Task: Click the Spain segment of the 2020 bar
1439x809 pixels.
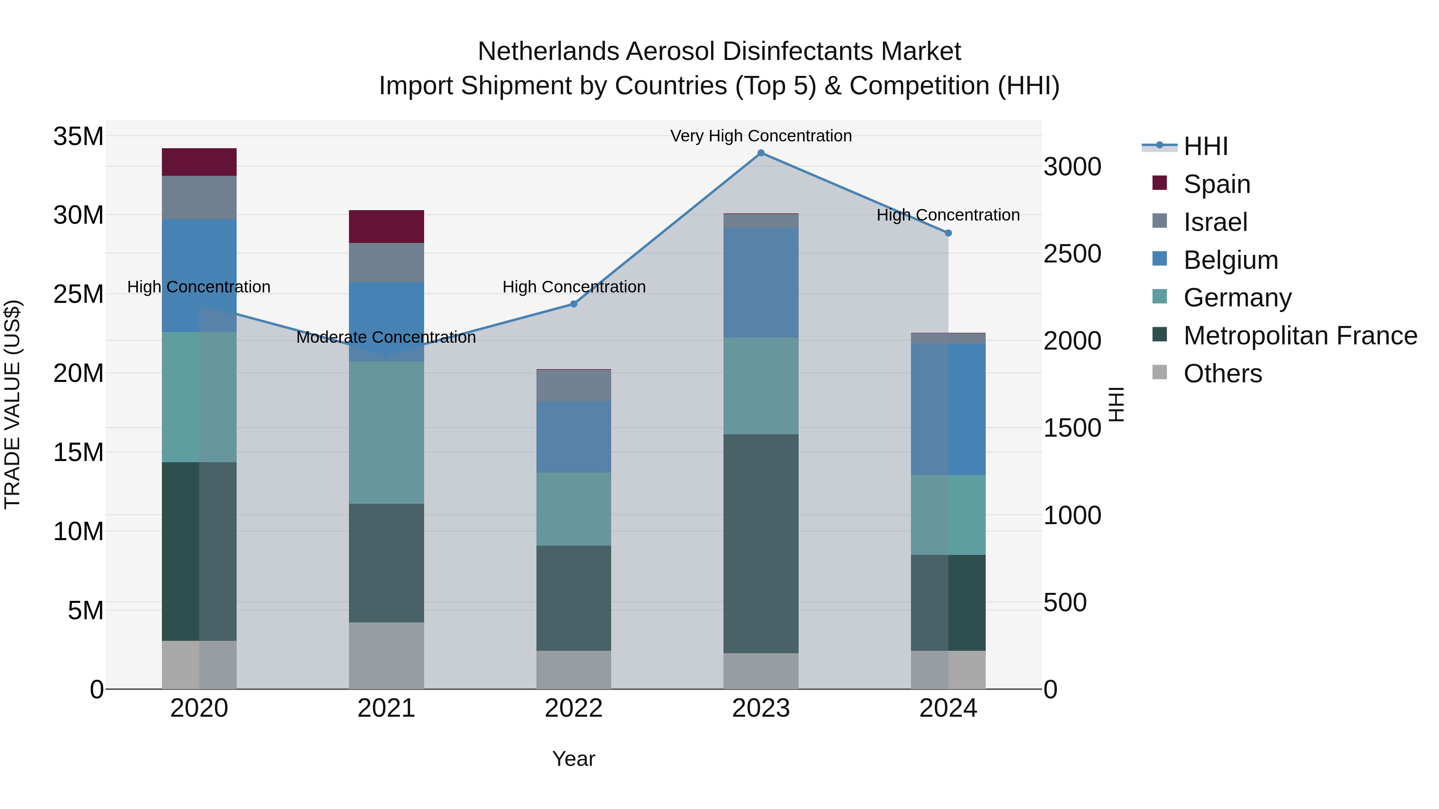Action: click(x=199, y=162)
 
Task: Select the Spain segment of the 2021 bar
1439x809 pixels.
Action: click(x=386, y=226)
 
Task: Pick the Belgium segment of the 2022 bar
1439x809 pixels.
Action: click(x=573, y=437)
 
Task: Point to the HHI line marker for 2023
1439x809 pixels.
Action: click(x=760, y=153)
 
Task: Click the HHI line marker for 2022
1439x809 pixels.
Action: click(x=573, y=304)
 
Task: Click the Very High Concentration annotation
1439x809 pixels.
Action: click(x=760, y=136)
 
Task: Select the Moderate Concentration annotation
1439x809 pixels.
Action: click(x=386, y=337)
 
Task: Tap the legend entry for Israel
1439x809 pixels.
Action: click(x=1215, y=222)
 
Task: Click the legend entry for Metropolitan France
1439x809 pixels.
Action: click(x=1300, y=336)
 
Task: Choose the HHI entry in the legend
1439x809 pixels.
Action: click(x=1205, y=146)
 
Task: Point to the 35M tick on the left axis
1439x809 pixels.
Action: click(x=78, y=136)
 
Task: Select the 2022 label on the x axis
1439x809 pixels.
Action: click(x=573, y=708)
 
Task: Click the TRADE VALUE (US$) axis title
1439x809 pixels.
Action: click(x=12, y=404)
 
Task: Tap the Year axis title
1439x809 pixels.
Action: click(x=573, y=759)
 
